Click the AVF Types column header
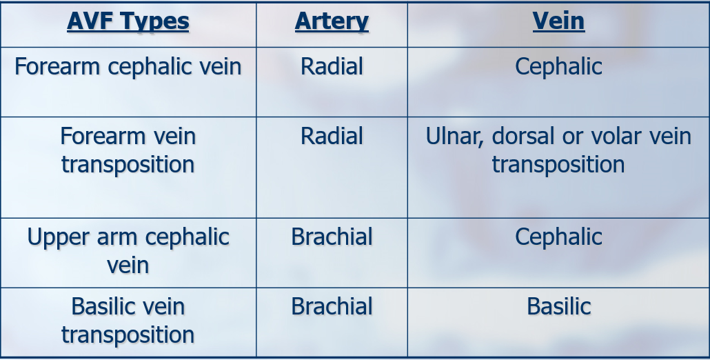coord(128,21)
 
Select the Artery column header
coord(332,22)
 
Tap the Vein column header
coord(558,21)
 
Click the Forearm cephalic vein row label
coord(128,67)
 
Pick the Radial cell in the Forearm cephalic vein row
coord(332,66)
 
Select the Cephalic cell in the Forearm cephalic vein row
coord(558,67)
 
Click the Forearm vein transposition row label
coord(128,150)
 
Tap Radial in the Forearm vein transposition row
coord(332,136)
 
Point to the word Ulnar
coord(455,137)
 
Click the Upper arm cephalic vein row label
coord(128,251)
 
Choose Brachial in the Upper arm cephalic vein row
coord(332,237)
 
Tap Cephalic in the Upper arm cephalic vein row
coord(558,237)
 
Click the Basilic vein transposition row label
coord(128,320)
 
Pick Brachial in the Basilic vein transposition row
coord(332,306)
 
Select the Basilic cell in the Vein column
coord(559,306)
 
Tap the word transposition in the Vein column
coord(558,164)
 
